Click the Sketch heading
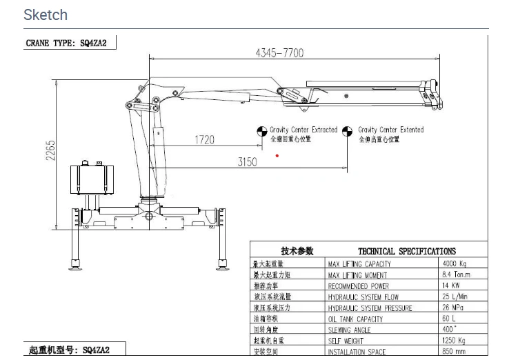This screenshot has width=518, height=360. tap(46, 14)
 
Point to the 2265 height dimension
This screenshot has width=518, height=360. tap(51, 151)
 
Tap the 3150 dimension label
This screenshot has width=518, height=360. tap(247, 162)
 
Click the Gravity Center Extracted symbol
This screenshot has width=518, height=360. tap(261, 130)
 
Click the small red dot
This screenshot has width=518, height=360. tap(277, 155)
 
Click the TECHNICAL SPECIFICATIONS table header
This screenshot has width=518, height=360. tap(406, 251)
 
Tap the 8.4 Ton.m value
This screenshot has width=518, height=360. tap(455, 274)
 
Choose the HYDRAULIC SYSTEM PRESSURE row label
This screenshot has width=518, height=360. tap(370, 308)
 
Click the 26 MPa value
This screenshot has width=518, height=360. tap(452, 308)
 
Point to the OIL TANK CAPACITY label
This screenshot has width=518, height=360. tap(355, 319)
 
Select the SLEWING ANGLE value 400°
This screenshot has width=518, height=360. tap(449, 330)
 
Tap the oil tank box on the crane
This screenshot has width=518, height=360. tap(93, 184)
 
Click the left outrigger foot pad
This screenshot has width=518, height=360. tap(74, 265)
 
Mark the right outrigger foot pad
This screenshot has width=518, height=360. tap(223, 265)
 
